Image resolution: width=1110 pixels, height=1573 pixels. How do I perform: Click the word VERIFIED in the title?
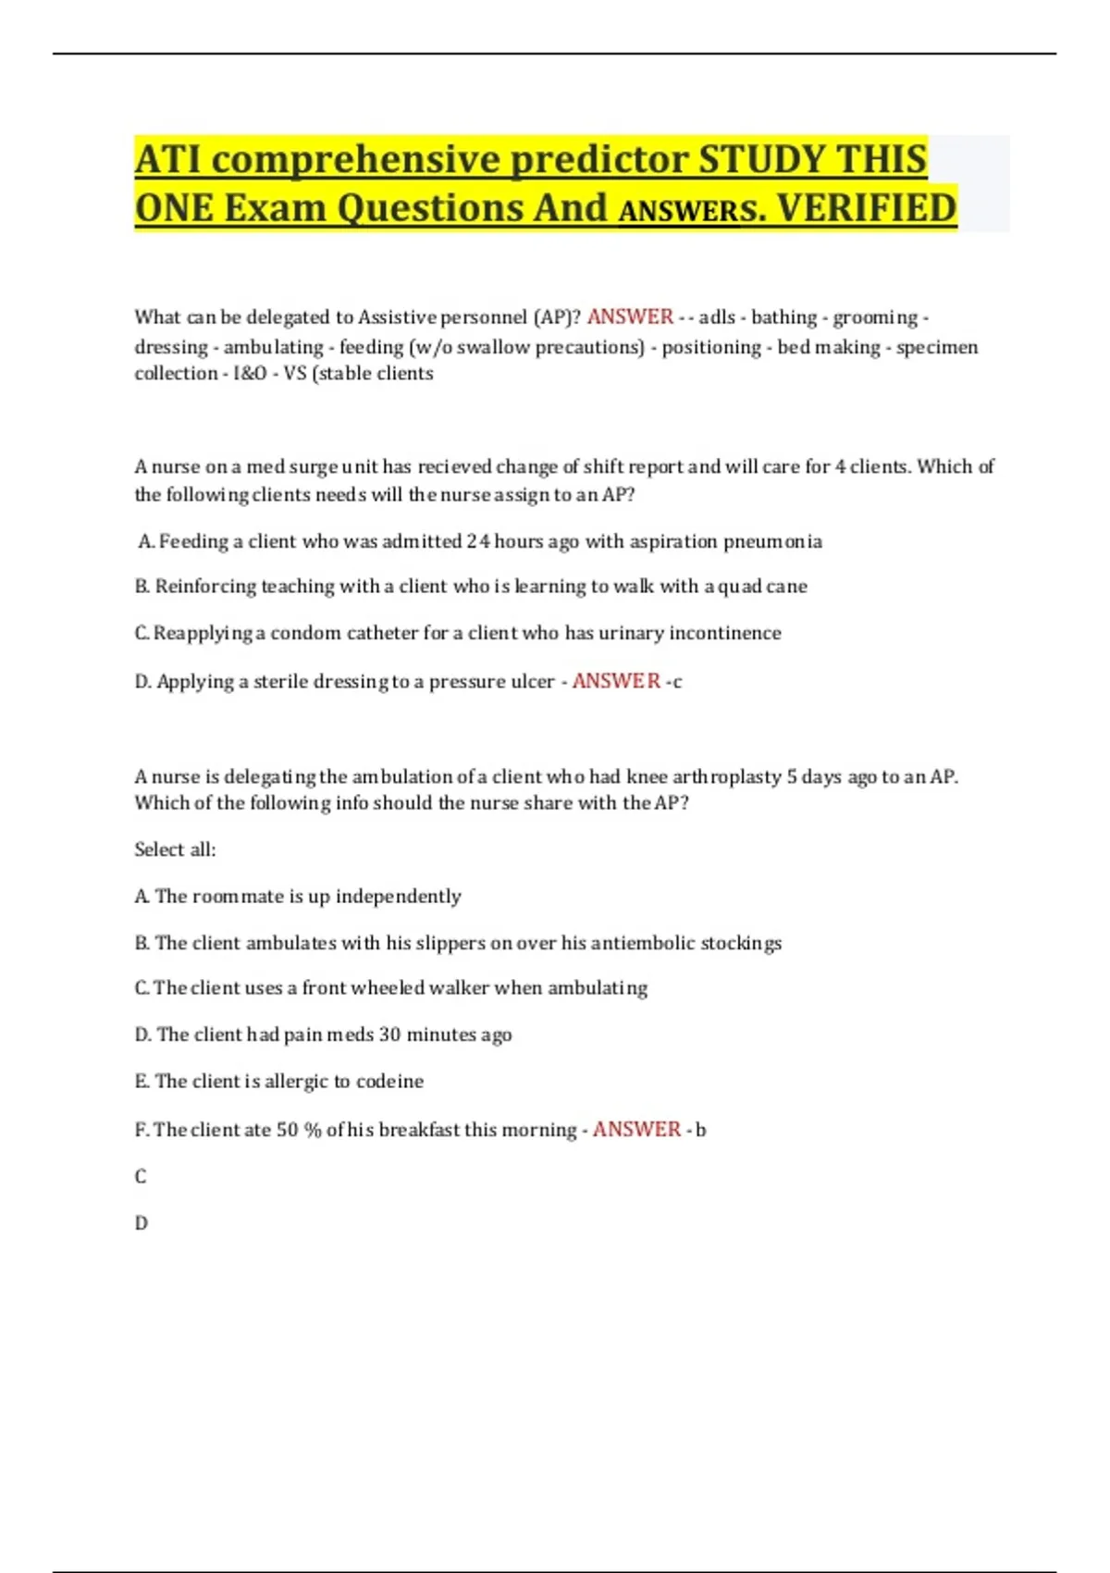point(866,207)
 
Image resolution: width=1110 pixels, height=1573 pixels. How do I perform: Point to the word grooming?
point(875,317)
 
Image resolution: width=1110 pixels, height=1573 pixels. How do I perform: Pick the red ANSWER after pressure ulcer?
point(616,681)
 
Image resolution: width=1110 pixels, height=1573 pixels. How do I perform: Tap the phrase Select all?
point(175,849)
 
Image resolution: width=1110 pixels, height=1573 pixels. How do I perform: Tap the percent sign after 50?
point(312,1130)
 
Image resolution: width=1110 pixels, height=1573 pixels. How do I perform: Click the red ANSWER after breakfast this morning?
point(636,1130)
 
